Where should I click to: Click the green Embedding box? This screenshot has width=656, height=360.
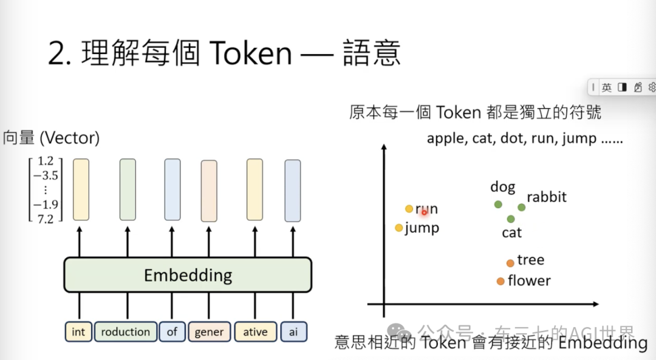point(188,275)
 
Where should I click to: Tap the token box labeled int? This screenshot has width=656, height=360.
point(78,332)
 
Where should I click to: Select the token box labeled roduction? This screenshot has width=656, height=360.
point(125,332)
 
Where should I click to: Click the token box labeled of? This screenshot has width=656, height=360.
point(173,332)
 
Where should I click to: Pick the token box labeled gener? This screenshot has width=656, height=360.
point(209,332)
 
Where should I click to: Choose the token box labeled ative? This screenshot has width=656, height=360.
point(255,332)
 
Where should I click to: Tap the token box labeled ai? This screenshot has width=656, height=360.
point(293,332)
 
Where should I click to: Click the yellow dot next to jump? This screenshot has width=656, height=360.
point(398,228)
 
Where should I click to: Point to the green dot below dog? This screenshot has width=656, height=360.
point(498,205)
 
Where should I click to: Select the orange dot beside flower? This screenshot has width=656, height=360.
point(500,281)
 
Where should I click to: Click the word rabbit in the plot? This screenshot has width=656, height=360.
point(546,197)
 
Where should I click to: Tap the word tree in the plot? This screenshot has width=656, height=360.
point(530,260)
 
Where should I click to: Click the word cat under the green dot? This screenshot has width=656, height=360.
point(511,233)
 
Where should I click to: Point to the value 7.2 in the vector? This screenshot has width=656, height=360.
point(45,219)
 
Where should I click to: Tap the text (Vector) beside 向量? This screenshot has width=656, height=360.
point(69,138)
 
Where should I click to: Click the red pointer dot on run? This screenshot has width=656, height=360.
point(425,212)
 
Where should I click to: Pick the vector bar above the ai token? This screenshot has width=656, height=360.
point(293,190)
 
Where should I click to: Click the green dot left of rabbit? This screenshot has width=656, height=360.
point(521,207)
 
